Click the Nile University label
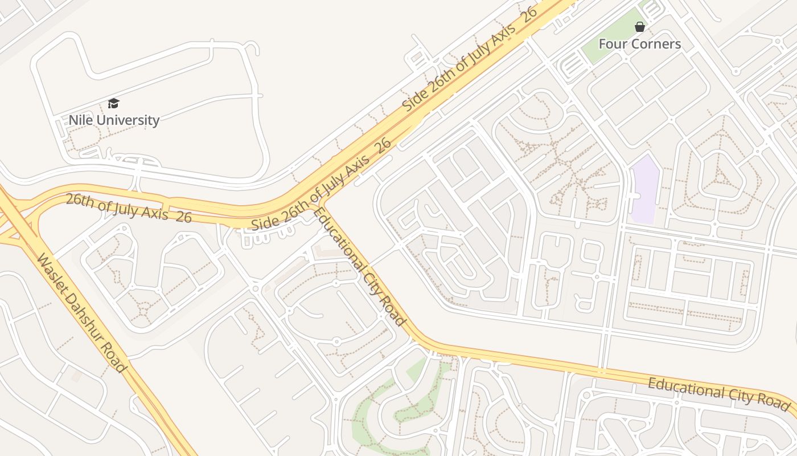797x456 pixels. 114,120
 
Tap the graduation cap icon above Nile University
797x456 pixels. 114,103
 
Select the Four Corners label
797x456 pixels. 639,44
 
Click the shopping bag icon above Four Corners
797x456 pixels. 639,27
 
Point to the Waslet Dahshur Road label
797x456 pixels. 81,313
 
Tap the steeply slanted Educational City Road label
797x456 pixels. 360,267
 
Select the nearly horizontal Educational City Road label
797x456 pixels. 719,393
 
